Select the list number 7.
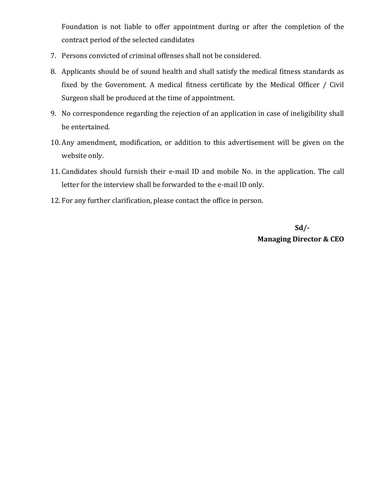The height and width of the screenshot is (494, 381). tap(53, 56)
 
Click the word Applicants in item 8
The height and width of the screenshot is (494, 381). tap(79, 72)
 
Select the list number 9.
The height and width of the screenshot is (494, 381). tap(53, 114)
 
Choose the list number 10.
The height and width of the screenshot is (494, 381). tap(55, 143)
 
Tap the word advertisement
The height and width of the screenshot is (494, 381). tap(251, 143)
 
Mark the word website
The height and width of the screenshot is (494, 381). tap(74, 156)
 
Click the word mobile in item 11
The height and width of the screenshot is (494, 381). tap(228, 172)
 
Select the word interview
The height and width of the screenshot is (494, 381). tap(119, 185)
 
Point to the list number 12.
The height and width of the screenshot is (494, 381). tap(55, 201)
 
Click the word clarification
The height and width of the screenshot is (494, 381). tap(132, 201)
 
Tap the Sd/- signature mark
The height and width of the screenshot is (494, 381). tap(302, 228)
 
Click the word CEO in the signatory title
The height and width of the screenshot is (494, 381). tap(337, 239)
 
